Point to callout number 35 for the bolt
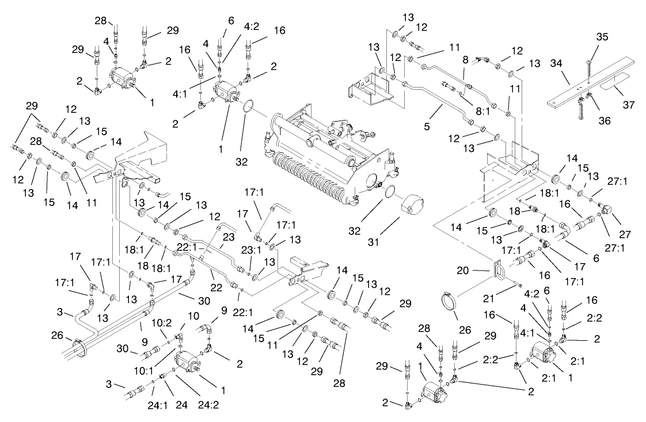(x=602, y=37)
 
